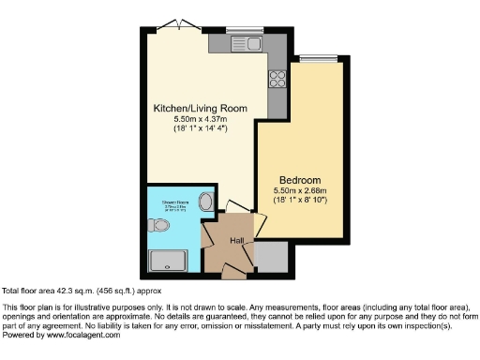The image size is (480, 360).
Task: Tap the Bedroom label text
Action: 300,179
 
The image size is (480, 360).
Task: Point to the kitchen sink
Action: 252,44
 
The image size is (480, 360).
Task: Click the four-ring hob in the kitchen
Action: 277,79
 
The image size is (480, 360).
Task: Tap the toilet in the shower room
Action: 156,226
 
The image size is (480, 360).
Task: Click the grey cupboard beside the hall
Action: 271,254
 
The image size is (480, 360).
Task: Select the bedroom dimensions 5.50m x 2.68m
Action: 300,190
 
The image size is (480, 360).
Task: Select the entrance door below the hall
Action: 232,273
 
